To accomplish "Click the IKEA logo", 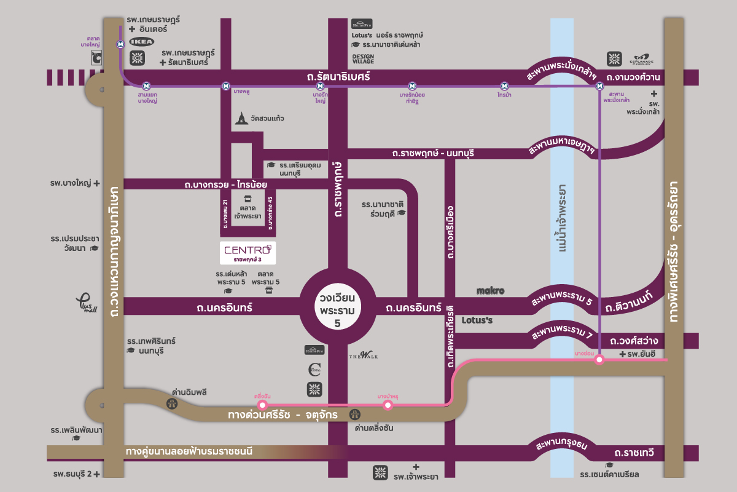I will (141, 42).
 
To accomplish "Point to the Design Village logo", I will (363, 58).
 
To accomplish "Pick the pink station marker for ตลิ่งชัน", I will (262, 405).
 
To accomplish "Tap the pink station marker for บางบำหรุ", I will (388, 405).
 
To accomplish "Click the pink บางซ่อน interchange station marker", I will (599, 361).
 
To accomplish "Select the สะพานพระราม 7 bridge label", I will (562, 333).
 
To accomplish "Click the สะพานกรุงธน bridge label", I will (563, 445).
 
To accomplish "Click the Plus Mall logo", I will (87, 302).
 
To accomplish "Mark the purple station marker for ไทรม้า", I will (504, 86).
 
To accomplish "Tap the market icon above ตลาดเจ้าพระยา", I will (248, 199).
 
